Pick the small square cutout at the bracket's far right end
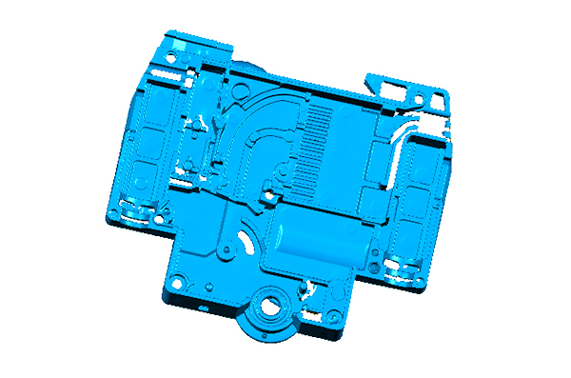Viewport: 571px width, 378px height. [438, 99]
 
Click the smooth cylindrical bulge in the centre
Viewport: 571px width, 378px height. [319, 242]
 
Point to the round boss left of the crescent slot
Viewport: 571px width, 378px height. [229, 250]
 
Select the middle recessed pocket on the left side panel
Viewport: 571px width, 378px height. [147, 143]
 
